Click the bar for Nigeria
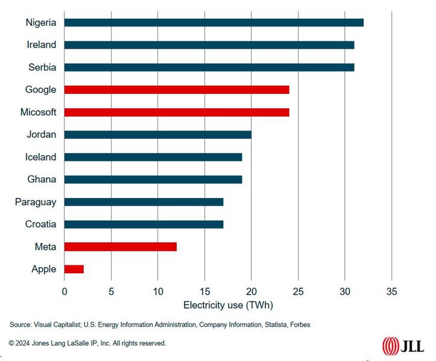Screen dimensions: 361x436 pos(213,22)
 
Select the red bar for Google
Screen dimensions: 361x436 pos(177,90)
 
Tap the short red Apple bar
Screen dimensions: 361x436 pos(74,269)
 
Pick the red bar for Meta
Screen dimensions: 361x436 pos(120,247)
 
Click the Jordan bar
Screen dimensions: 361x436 pos(157,134)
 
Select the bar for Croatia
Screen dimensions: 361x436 pos(144,224)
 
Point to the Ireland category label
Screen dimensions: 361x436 pos(42,45)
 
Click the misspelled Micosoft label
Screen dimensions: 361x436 pos(38,112)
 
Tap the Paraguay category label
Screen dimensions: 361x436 pos(36,202)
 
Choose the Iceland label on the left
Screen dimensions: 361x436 pos(40,157)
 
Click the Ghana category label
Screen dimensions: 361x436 pos(42,179)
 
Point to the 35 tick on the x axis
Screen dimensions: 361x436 pos(392,291)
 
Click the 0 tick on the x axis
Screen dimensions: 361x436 pos(65,291)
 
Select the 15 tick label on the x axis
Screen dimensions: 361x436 pos(204,291)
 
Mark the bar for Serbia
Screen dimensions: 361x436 pos(209,67)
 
